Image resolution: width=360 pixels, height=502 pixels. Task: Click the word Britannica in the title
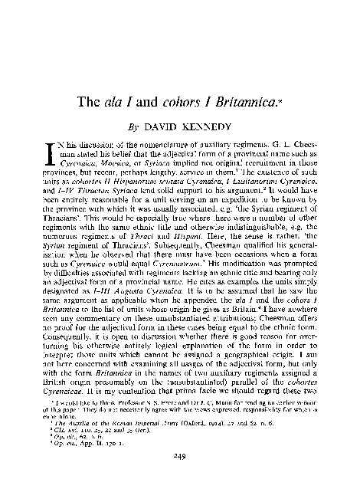tap(243, 100)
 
